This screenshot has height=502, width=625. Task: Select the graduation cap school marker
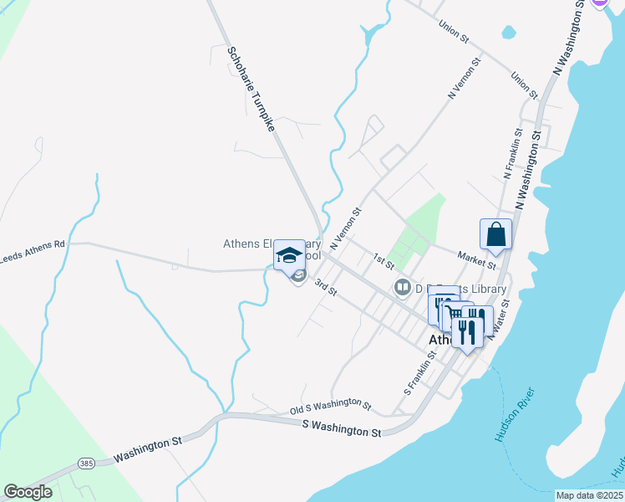coord(290,254)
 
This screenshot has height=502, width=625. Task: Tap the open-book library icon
coord(403,289)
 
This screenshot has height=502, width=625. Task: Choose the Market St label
coord(476,259)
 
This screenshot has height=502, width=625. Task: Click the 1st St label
coord(384,262)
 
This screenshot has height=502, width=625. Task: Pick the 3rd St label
coord(325,287)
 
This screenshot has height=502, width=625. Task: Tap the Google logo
coord(28,491)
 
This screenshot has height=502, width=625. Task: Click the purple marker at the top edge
coord(599,3)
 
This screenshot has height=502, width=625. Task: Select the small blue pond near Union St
coord(508,33)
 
